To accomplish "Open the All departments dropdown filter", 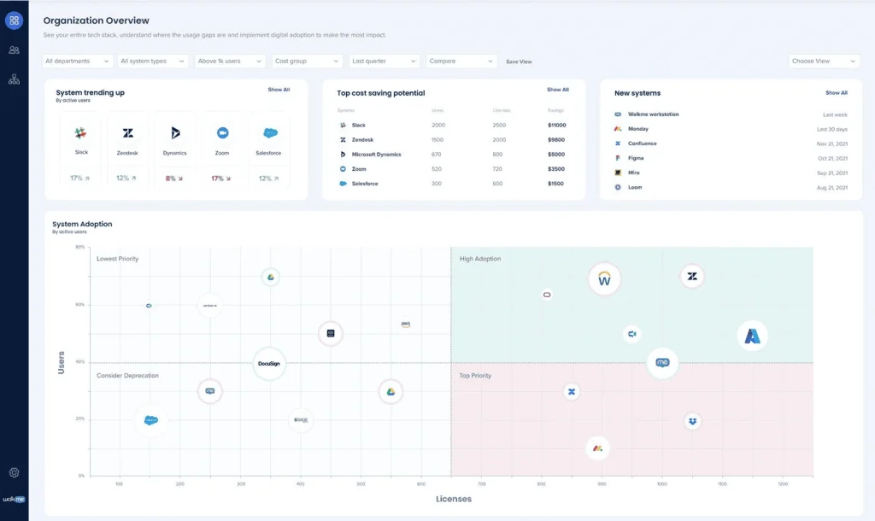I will pos(77,61).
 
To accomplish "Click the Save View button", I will pos(519,61).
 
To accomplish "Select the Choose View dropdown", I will pos(824,61).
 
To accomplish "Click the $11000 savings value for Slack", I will pos(556,126).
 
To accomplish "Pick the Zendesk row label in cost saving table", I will pos(363,140).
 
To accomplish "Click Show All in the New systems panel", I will pos(836,92).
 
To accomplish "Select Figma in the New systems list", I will pos(637,158).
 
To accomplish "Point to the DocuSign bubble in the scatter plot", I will pos(269,363).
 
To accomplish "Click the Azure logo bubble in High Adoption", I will pos(752,336).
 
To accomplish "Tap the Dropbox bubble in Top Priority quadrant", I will pos(692,421).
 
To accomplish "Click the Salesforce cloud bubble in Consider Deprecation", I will pos(151,420).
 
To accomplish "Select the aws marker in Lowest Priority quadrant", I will pos(406,325).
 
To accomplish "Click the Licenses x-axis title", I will pos(454,499).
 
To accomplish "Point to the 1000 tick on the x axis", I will pos(661,484).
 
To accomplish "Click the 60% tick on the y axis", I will pos(79,304).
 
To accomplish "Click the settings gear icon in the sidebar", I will pos(14,472).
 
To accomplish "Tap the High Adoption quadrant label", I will pos(480,259).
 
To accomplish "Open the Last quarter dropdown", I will pos(384,61).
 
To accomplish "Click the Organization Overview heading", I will pos(96,20).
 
